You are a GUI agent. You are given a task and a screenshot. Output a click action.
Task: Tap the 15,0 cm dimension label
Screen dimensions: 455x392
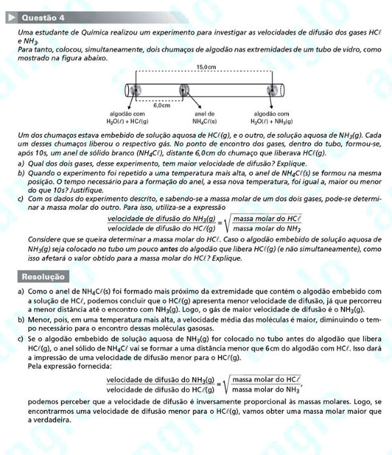(x=206, y=67)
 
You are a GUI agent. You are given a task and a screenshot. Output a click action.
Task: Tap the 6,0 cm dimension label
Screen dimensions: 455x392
(x=161, y=105)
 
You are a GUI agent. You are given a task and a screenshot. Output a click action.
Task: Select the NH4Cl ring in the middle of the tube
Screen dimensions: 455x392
(x=185, y=90)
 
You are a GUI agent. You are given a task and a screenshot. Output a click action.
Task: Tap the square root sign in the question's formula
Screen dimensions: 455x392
(x=226, y=224)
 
